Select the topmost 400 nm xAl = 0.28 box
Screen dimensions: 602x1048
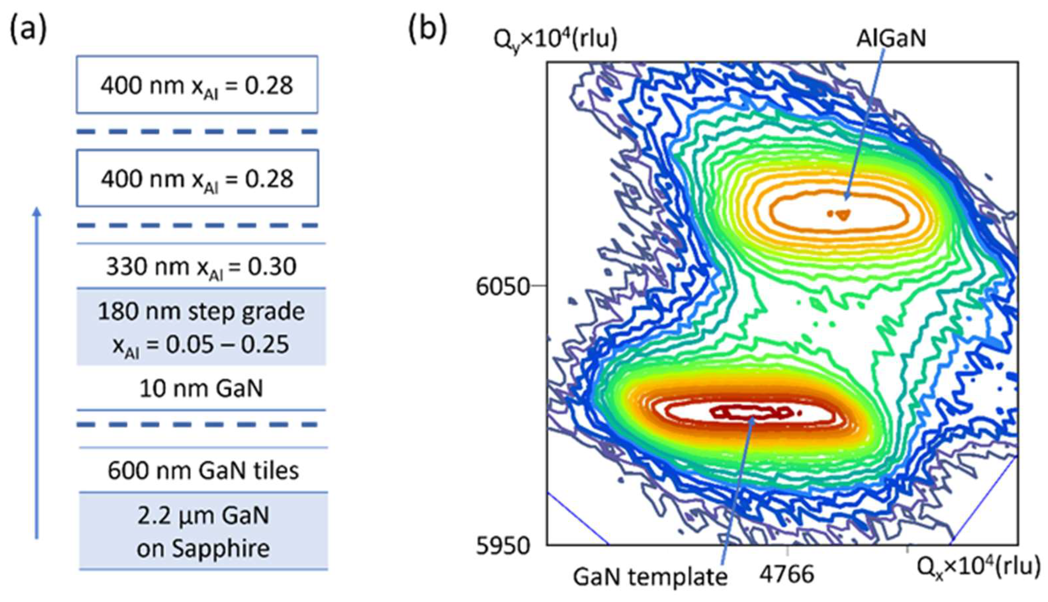(197, 85)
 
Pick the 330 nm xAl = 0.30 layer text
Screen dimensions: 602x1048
(201, 267)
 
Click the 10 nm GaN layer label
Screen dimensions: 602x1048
(201, 389)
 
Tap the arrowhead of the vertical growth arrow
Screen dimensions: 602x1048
(37, 212)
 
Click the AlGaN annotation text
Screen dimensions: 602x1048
(891, 38)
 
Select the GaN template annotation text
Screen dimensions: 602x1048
(650, 576)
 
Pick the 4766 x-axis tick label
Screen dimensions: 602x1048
(787, 574)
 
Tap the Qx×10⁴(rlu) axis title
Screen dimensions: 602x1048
(978, 567)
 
